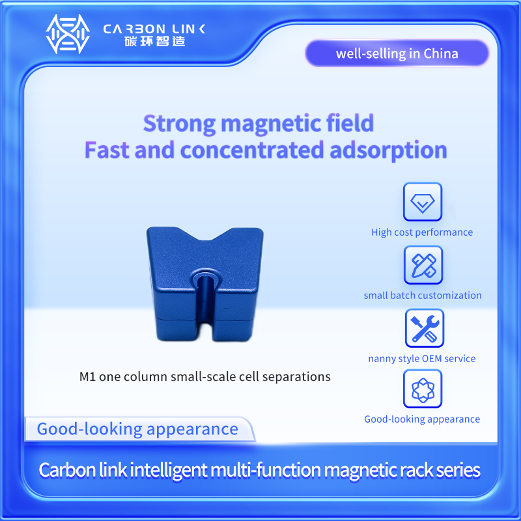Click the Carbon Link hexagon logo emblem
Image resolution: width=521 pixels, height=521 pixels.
(68, 35)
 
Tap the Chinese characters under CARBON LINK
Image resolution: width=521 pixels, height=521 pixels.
(154, 42)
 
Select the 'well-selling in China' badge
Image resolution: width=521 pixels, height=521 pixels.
(397, 53)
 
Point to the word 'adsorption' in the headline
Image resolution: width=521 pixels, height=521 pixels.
(388, 150)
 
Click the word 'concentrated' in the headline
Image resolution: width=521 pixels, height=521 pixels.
(252, 150)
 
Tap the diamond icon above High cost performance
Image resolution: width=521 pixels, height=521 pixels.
(423, 202)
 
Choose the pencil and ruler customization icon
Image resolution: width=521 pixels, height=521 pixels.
(423, 265)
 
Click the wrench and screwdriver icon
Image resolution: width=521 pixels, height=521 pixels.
(425, 328)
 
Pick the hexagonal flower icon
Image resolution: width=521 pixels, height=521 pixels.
(423, 389)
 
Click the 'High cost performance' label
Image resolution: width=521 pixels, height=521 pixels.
(422, 232)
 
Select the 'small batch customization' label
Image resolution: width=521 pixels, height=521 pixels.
(423, 296)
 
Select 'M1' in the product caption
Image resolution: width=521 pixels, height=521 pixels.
(87, 377)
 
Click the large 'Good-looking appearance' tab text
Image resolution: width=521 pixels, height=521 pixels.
(137, 429)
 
